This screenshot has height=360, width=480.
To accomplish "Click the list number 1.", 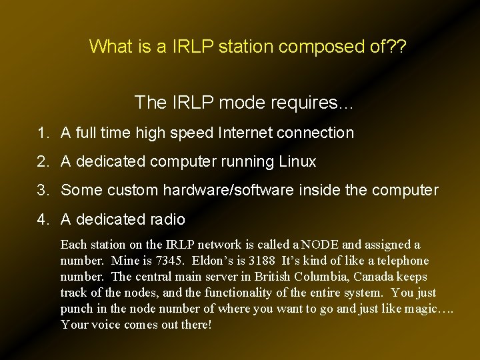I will click(x=41, y=133).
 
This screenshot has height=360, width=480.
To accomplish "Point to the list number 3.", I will click(x=41, y=191).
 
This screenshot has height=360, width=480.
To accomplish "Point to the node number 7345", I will click(x=168, y=261).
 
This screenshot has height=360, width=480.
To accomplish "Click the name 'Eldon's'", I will click(x=215, y=261).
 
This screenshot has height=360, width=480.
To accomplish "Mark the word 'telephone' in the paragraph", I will click(x=401, y=261).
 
